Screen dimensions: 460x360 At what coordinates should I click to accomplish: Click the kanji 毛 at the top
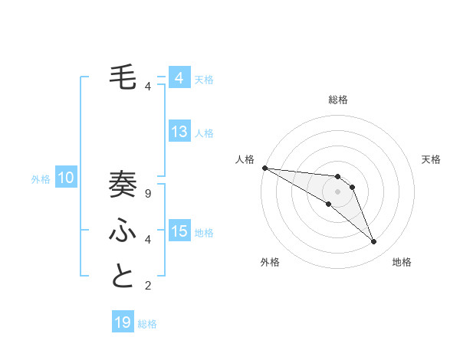pyautogui.click(x=123, y=77)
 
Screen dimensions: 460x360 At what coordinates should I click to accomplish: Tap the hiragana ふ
pyautogui.click(x=123, y=231)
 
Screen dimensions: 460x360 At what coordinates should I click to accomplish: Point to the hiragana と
pyautogui.click(x=123, y=277)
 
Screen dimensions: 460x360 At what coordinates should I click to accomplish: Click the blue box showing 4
pyautogui.click(x=179, y=78)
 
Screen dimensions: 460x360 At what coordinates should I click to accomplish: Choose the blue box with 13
pyautogui.click(x=179, y=132)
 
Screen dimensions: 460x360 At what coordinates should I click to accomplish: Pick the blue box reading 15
pyautogui.click(x=179, y=231)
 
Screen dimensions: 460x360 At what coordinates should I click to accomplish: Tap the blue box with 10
pyautogui.click(x=66, y=178)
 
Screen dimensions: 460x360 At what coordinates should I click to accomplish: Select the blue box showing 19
pyautogui.click(x=123, y=322)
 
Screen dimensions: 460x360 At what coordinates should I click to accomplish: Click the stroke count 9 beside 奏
pyautogui.click(x=147, y=194)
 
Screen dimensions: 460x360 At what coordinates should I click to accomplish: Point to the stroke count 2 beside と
pyautogui.click(x=147, y=286)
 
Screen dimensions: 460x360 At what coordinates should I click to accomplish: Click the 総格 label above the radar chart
pyautogui.click(x=338, y=100)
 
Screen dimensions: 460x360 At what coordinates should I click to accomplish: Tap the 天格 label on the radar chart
pyautogui.click(x=431, y=159)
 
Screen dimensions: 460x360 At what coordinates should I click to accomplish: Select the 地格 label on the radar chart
pyautogui.click(x=402, y=262)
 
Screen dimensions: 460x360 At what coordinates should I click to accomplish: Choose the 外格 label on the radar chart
pyautogui.click(x=270, y=262)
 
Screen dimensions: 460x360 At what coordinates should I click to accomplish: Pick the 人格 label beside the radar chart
pyautogui.click(x=245, y=159)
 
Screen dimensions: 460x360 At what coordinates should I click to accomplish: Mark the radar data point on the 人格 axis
pyautogui.click(x=264, y=168)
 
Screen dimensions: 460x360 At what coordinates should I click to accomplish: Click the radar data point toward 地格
pyautogui.click(x=374, y=242)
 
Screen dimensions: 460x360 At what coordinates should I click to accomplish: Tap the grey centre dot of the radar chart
pyautogui.click(x=338, y=191)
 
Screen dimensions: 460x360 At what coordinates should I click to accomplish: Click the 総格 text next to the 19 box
pyautogui.click(x=147, y=324)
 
